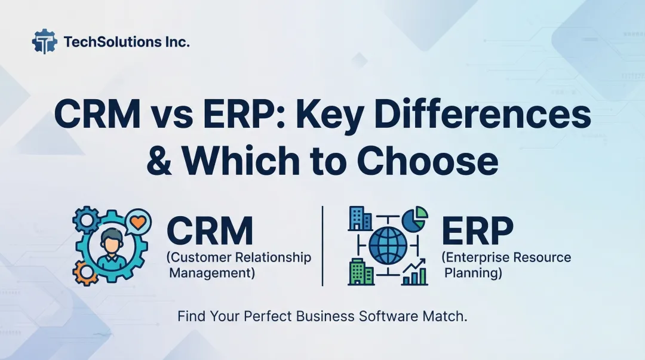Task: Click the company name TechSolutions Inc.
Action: pos(126,42)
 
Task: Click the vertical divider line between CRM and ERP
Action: pos(322,245)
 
